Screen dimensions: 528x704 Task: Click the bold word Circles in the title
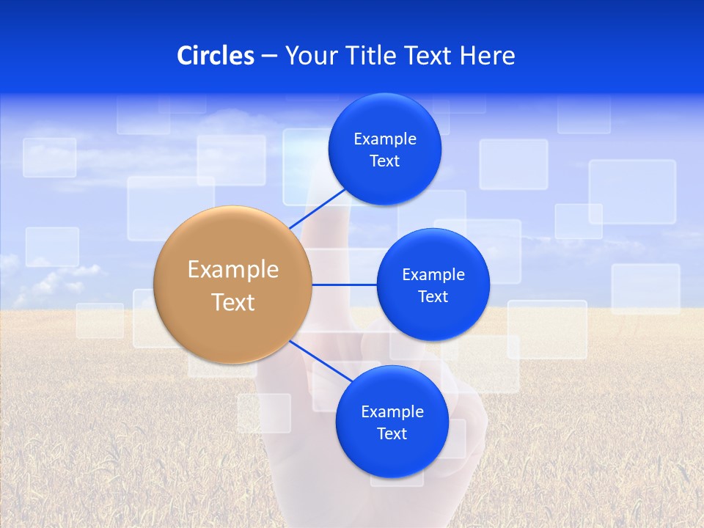pyautogui.click(x=216, y=56)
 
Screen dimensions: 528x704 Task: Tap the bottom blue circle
pyautogui.click(x=392, y=455)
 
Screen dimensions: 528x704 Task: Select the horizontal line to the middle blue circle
pyautogui.click(x=344, y=285)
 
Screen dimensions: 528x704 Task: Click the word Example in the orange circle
pyautogui.click(x=232, y=270)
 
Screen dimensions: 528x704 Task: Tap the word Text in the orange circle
pyautogui.click(x=232, y=302)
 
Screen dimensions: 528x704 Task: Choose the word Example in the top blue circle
pyautogui.click(x=385, y=139)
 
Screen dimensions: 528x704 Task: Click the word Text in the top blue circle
pyautogui.click(x=385, y=161)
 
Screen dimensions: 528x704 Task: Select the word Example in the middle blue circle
pyautogui.click(x=433, y=275)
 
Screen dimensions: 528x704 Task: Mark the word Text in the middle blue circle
pyautogui.click(x=433, y=297)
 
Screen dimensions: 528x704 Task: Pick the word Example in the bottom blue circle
pyautogui.click(x=392, y=412)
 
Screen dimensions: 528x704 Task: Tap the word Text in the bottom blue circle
pyautogui.click(x=392, y=434)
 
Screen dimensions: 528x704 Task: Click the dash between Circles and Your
pyautogui.click(x=269, y=56)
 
